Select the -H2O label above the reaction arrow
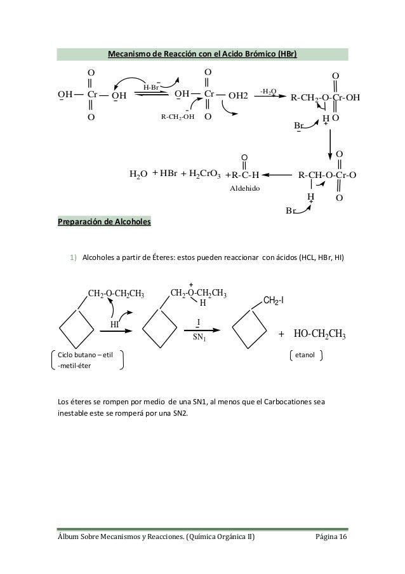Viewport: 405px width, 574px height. pos(269,92)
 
